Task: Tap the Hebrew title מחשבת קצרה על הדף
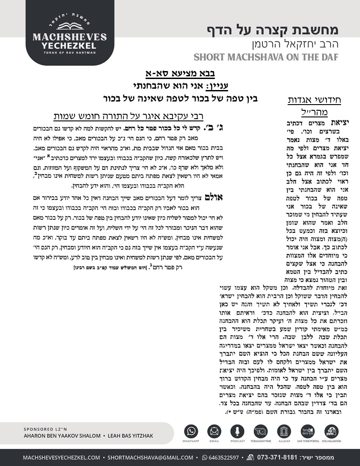(273, 30)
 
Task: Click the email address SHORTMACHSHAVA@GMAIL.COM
(150, 457)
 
